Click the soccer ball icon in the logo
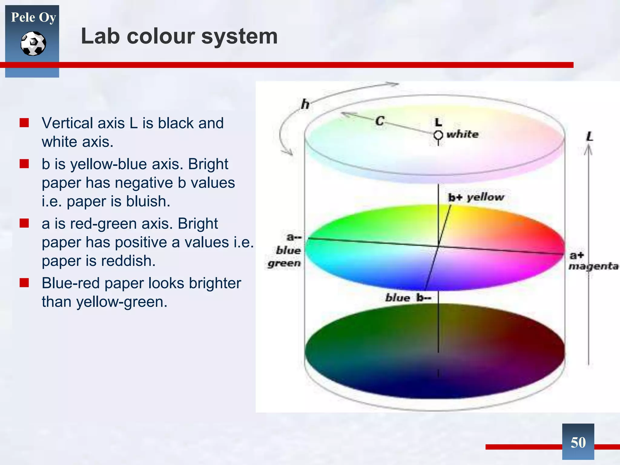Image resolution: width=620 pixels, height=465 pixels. [33, 44]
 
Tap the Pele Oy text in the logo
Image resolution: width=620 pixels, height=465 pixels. [33, 17]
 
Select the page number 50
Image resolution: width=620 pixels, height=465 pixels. [578, 443]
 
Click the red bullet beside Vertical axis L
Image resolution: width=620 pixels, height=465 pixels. [24, 123]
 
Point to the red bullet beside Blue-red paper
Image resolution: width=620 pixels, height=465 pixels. [24, 283]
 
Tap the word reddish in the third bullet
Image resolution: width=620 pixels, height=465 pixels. [127, 261]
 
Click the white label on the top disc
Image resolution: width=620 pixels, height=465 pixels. [463, 134]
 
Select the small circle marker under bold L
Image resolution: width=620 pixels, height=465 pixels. [438, 135]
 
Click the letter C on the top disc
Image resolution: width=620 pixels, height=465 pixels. [380, 121]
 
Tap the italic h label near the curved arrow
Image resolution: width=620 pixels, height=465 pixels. [305, 104]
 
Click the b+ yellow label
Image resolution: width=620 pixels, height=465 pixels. [476, 197]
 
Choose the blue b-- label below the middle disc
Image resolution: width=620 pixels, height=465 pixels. [408, 298]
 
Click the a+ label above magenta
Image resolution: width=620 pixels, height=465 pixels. [576, 255]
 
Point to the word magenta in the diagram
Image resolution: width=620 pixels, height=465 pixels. [593, 266]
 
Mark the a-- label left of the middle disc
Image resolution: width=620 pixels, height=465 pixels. [293, 237]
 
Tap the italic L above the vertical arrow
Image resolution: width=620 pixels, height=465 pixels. [589, 137]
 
